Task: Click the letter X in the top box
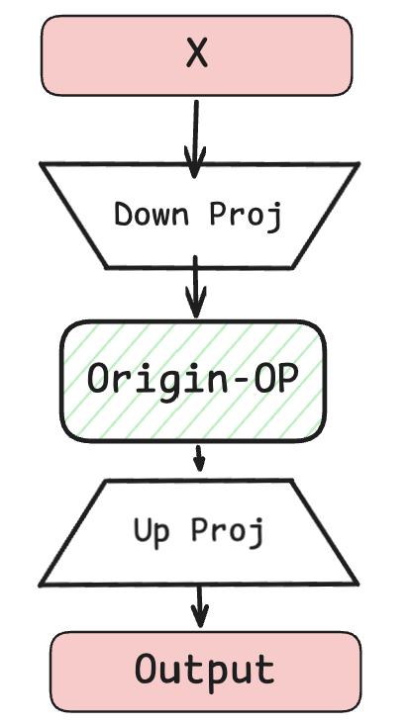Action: click(197, 53)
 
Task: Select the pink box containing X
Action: click(197, 55)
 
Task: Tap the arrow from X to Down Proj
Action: click(195, 138)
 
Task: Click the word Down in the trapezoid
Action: click(152, 215)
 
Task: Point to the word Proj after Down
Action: click(246, 216)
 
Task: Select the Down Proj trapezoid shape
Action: click(199, 216)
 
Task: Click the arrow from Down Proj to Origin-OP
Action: click(196, 287)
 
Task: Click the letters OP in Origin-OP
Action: click(276, 379)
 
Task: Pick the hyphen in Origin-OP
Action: click(241, 381)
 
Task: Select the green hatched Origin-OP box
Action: click(193, 381)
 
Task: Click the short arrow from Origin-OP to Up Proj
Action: click(199, 458)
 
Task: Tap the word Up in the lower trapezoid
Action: click(152, 532)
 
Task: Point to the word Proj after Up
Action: click(228, 532)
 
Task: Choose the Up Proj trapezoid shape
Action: click(198, 533)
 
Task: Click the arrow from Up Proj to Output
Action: click(199, 606)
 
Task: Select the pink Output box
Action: click(205, 672)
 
